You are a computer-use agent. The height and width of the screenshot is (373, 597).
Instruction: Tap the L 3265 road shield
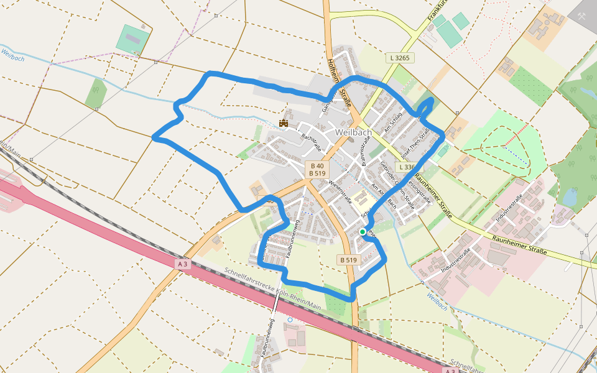pyautogui.click(x=400, y=58)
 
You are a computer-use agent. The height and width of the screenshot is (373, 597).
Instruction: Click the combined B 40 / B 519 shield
pyautogui.click(x=318, y=169)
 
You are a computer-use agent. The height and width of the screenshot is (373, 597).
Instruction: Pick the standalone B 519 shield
pyautogui.click(x=349, y=259)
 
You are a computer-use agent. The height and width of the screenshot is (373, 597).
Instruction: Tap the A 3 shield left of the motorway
pyautogui.click(x=182, y=264)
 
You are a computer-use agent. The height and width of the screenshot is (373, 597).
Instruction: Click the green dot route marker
pyautogui.click(x=363, y=231)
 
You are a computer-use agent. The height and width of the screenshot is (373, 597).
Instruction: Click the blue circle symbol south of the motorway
pyautogui.click(x=290, y=320)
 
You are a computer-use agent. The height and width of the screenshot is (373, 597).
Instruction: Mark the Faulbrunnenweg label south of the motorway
pyautogui.click(x=269, y=339)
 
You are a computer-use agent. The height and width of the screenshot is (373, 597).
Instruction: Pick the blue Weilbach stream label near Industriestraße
pyautogui.click(x=438, y=302)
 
